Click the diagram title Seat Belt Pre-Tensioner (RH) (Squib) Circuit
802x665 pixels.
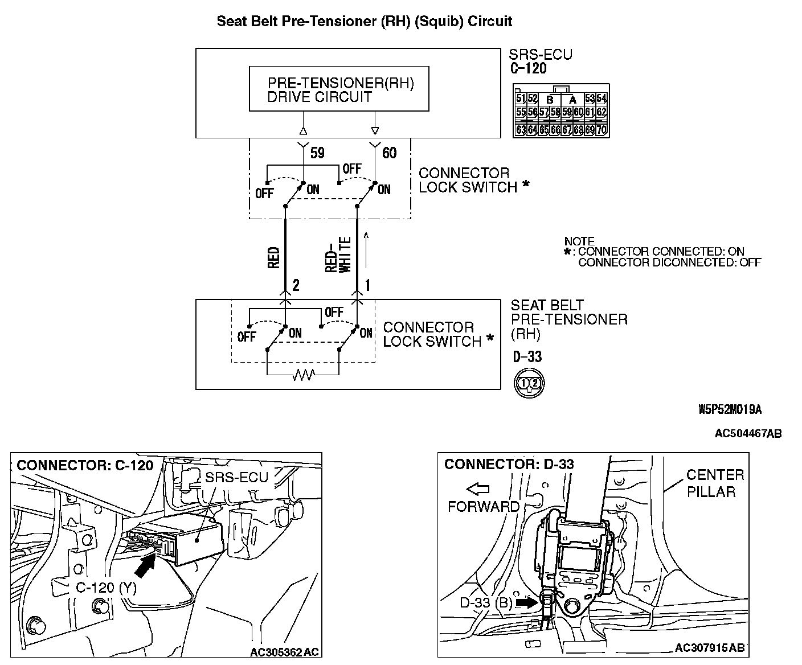(x=365, y=22)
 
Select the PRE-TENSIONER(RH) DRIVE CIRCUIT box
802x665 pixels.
(x=339, y=89)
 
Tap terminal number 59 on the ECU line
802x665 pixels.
(x=317, y=153)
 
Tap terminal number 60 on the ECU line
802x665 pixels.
(x=390, y=153)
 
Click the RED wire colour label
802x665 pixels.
(x=273, y=257)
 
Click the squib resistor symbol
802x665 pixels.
(x=302, y=375)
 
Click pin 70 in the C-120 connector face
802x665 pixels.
(x=601, y=130)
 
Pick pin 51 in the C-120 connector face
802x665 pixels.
(x=521, y=98)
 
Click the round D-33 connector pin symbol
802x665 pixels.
(x=529, y=383)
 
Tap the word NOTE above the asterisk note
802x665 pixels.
(x=579, y=241)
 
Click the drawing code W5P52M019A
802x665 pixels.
(x=730, y=409)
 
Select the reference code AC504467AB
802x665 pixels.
(x=748, y=434)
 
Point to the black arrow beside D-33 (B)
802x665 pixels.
(x=526, y=602)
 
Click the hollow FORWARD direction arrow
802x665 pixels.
(x=477, y=488)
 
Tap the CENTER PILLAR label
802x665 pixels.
(x=714, y=483)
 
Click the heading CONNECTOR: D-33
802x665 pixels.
(x=509, y=464)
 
